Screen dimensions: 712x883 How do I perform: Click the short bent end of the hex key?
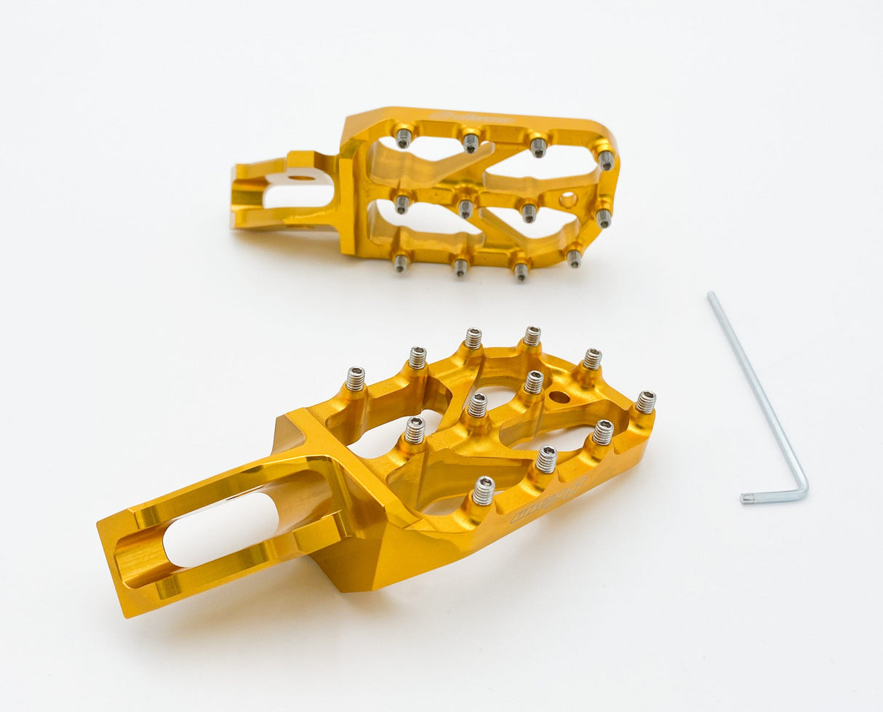(x=756, y=497)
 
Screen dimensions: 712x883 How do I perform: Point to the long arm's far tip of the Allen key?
(x=711, y=295)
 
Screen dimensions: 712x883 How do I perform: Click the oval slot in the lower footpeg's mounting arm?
(x=222, y=529)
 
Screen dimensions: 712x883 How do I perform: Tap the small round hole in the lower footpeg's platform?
(x=559, y=397)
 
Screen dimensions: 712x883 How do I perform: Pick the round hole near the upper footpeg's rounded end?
(x=567, y=199)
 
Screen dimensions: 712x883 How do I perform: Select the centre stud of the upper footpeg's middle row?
(x=466, y=209)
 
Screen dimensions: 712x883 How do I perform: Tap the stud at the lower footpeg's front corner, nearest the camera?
(x=483, y=491)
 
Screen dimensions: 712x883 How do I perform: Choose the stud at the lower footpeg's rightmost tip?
(x=645, y=401)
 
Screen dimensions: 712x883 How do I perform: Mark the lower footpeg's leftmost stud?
(x=355, y=379)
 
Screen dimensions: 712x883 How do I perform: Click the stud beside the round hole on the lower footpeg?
(x=534, y=382)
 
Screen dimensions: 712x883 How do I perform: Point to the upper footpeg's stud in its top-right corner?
(x=606, y=159)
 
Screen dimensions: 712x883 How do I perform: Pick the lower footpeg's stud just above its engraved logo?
(x=546, y=460)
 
